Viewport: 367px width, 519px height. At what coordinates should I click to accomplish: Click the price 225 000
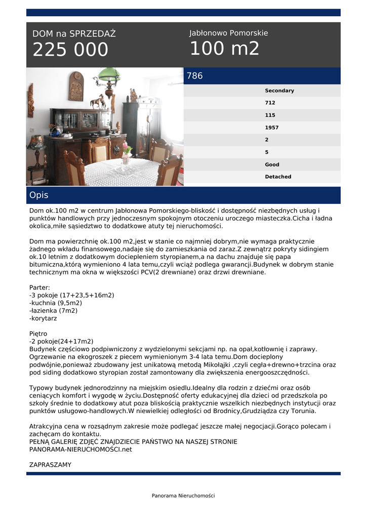click(x=70, y=50)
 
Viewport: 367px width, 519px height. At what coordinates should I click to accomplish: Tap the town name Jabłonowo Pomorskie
click(x=228, y=33)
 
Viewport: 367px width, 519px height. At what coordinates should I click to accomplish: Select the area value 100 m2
click(x=224, y=49)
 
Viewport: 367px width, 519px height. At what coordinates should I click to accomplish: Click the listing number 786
click(x=195, y=76)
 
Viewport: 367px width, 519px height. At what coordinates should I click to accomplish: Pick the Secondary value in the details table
click(x=279, y=91)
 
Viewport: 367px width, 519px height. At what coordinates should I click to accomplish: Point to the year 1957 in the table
click(x=271, y=128)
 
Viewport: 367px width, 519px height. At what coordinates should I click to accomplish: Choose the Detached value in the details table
click(x=278, y=177)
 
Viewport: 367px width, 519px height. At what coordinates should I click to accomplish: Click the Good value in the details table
click(x=272, y=165)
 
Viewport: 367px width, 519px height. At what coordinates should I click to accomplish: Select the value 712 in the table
click(x=270, y=103)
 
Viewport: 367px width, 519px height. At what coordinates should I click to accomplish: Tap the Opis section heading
click(x=39, y=195)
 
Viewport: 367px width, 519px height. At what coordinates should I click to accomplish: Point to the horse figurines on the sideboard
click(x=98, y=102)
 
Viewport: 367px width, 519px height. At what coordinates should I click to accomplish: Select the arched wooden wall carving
click(x=76, y=86)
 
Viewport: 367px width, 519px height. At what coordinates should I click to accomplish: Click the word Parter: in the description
click(x=40, y=287)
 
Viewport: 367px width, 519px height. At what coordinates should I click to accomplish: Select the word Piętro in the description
click(x=38, y=334)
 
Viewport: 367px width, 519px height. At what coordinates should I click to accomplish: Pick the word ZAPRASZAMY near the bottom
click(x=50, y=465)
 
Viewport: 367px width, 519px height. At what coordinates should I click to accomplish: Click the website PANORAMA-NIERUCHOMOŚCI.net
click(x=80, y=449)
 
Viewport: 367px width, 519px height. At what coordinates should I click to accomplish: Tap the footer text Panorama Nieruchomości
click(x=183, y=496)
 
